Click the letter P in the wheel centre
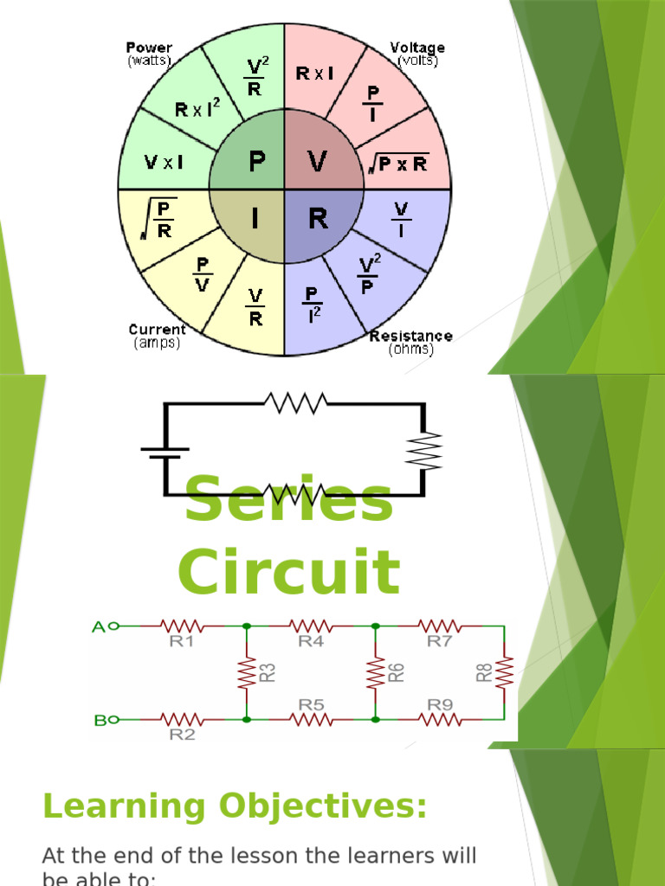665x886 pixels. [256, 162]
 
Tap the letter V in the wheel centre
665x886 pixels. [318, 162]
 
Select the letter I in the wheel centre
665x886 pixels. [255, 220]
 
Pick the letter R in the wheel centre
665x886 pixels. [318, 220]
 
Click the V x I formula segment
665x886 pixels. [163, 162]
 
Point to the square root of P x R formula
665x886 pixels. [399, 163]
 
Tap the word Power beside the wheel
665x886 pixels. [149, 48]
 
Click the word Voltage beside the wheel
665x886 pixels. [417, 48]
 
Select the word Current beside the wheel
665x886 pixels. [157, 330]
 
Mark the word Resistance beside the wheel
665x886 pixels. [410, 336]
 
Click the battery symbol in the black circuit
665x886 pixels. [165, 452]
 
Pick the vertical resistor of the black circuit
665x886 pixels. [428, 451]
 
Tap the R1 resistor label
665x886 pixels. [182, 642]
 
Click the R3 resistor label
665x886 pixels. [268, 672]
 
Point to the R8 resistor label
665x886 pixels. [485, 672]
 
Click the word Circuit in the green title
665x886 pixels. [289, 572]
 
